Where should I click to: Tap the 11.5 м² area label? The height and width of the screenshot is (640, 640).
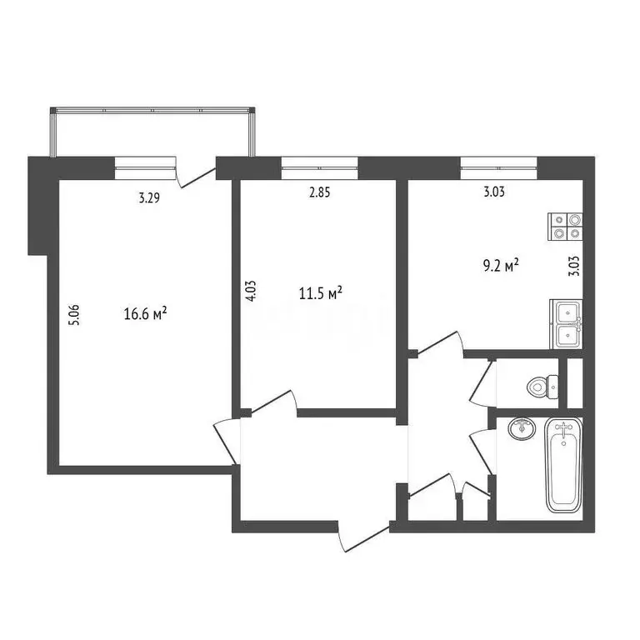(x=320, y=293)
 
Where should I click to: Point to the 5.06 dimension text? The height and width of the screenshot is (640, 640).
(x=74, y=317)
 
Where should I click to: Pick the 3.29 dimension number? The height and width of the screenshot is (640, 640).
(x=149, y=197)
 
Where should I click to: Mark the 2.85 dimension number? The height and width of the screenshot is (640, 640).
(x=319, y=192)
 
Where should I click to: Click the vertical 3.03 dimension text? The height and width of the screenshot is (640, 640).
(x=573, y=267)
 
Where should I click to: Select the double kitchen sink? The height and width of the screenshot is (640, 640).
(x=566, y=323)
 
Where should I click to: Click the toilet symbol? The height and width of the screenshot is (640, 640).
(x=542, y=385)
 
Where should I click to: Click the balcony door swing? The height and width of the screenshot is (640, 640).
(x=197, y=174)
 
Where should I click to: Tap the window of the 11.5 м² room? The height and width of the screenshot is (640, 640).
(x=319, y=167)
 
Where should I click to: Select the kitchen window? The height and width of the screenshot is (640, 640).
(x=498, y=167)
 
